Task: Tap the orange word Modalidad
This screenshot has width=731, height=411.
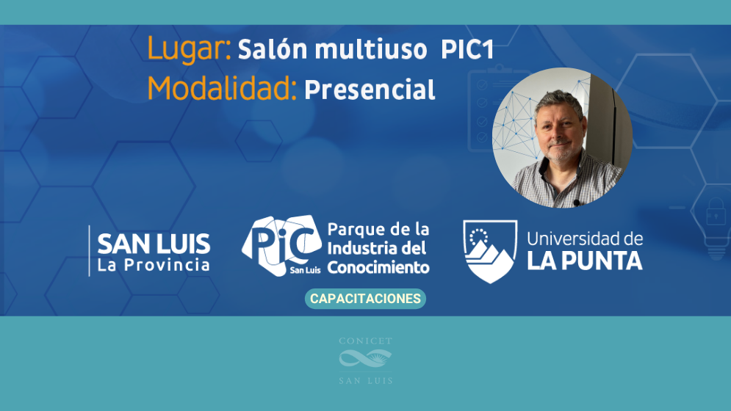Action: [222, 88]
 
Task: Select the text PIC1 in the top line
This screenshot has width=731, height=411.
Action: [467, 50]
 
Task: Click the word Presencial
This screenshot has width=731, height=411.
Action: [370, 90]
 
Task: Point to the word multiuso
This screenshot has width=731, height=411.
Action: [371, 50]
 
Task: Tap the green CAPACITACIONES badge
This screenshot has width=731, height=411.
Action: [366, 299]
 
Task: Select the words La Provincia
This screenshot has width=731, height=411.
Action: [154, 265]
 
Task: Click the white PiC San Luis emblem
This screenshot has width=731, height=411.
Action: [282, 245]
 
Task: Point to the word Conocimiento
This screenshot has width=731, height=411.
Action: [378, 268]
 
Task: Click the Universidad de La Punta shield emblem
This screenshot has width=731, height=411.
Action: [490, 251]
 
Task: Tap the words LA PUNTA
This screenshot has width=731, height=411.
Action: [585, 261]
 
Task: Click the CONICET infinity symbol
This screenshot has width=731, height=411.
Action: [366, 359]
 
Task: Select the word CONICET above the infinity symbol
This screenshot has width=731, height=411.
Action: [366, 341]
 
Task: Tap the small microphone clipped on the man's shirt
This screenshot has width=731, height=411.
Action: [576, 203]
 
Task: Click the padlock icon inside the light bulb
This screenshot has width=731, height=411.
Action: [716, 212]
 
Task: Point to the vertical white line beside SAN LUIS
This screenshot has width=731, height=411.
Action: [89, 251]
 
